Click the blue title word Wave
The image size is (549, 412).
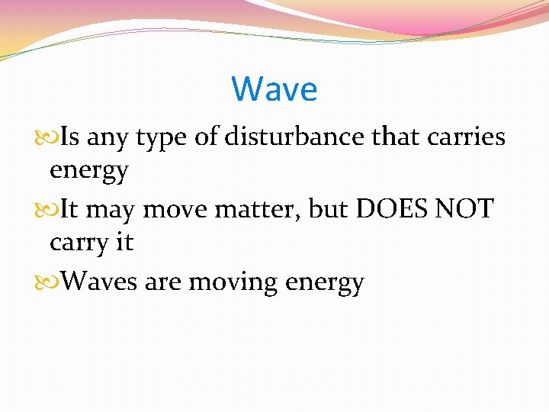point(274,89)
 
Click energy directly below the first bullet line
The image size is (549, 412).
point(88,172)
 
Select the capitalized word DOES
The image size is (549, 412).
point(390,209)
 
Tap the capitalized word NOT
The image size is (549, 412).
point(466,209)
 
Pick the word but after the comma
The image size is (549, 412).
point(328,209)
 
